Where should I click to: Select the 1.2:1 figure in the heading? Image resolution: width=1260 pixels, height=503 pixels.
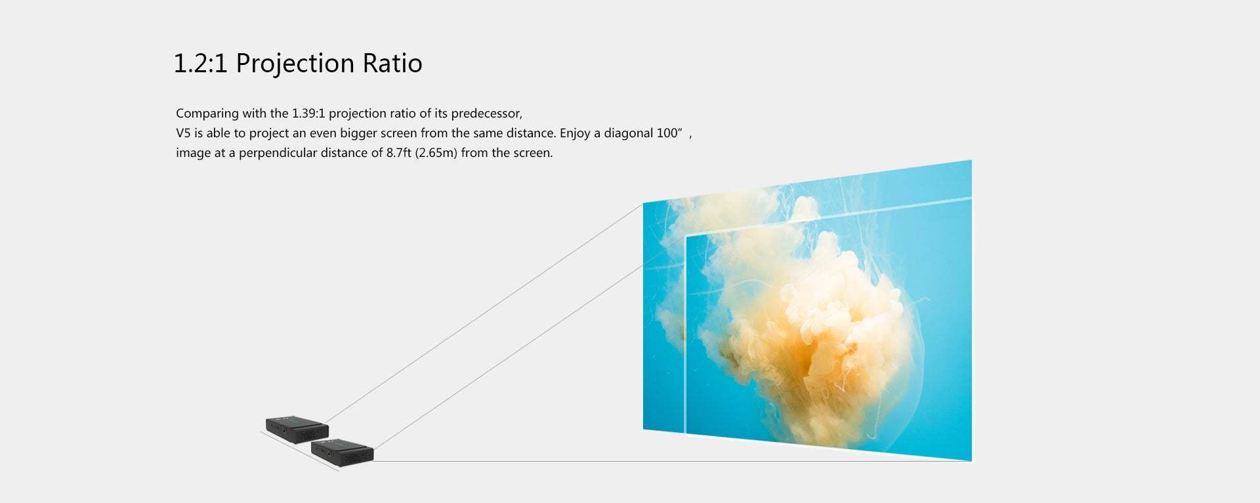(x=200, y=64)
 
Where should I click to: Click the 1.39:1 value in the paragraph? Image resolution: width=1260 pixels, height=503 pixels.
(x=308, y=114)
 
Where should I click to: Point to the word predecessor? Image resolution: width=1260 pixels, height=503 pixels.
(x=486, y=114)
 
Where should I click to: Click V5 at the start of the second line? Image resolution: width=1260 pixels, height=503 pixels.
(x=183, y=133)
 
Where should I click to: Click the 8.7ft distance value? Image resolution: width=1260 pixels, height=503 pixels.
(x=398, y=153)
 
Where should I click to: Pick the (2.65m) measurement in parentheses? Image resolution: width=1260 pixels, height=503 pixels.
(x=436, y=153)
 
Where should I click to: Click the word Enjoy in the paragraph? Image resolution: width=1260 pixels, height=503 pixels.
(x=575, y=133)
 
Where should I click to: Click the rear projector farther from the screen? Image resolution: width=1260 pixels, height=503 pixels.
(x=297, y=429)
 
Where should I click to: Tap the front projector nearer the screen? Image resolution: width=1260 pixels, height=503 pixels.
(x=342, y=451)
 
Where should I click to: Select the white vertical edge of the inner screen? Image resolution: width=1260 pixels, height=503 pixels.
(x=686, y=334)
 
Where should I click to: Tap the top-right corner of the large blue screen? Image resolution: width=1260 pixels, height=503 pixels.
(x=971, y=160)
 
